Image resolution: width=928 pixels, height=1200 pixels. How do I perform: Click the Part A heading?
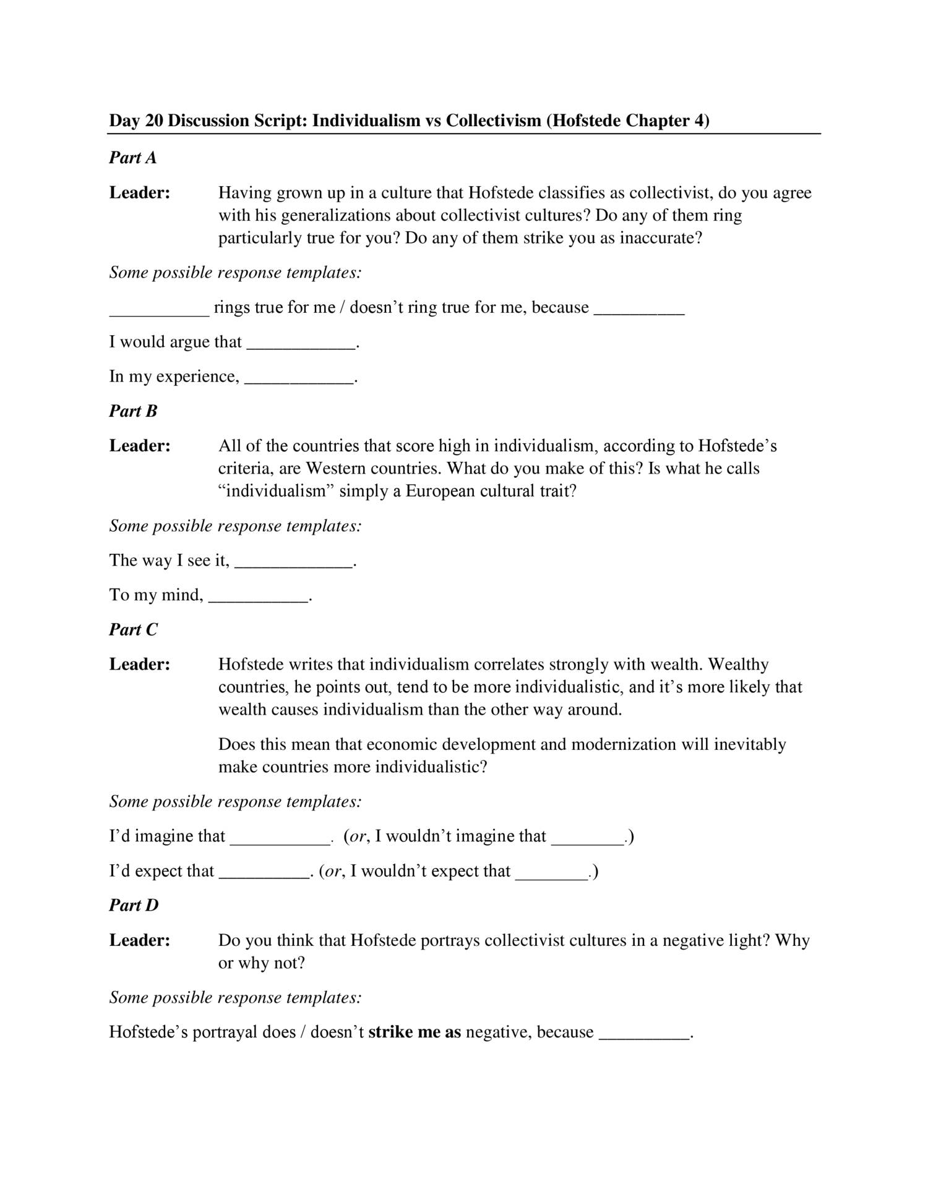tap(133, 158)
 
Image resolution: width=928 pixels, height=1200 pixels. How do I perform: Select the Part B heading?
tap(133, 411)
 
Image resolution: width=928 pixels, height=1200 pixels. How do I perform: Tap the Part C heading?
tap(133, 629)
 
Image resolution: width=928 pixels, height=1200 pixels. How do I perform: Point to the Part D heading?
tap(134, 905)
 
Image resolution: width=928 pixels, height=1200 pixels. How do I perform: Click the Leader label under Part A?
tap(140, 193)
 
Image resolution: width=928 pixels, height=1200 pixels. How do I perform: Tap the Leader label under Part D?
tap(140, 940)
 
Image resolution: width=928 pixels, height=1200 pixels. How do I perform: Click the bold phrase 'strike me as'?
tap(415, 1032)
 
